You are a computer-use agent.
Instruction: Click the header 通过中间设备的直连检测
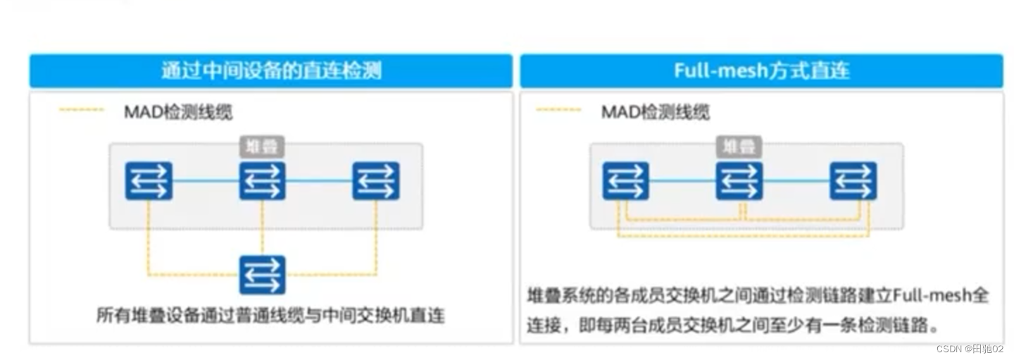(271, 71)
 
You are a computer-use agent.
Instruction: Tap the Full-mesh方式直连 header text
(761, 71)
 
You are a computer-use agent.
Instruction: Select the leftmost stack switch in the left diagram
(149, 181)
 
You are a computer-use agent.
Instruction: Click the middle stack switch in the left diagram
(262, 181)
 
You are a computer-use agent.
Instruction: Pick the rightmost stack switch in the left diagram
(376, 181)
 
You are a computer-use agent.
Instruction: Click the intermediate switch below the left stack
(262, 275)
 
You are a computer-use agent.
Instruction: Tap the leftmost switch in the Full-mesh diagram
(625, 181)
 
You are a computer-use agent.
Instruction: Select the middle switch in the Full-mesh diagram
(739, 181)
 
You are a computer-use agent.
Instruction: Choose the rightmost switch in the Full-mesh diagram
(853, 181)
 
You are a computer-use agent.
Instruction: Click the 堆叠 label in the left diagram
(262, 147)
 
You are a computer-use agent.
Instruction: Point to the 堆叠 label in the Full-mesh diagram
(739, 147)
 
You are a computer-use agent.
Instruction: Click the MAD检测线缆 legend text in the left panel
(177, 111)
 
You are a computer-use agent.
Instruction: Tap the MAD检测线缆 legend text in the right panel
(655, 111)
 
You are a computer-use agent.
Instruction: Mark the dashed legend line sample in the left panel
(82, 110)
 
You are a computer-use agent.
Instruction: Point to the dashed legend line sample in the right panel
(558, 110)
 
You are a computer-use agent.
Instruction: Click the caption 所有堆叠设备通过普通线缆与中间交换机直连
(270, 314)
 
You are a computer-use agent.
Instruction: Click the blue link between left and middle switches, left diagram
(205, 181)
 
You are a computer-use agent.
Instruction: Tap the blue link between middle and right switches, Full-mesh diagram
(796, 181)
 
